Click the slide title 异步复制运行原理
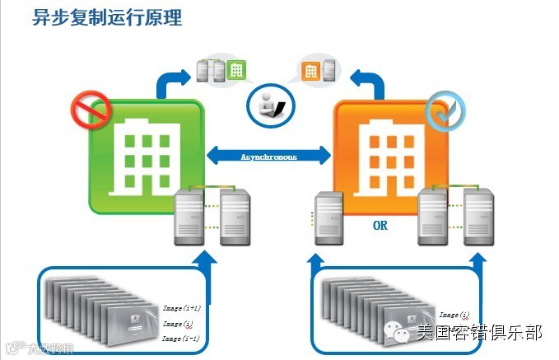click(106, 17)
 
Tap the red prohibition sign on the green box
click(91, 106)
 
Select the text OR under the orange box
click(380, 222)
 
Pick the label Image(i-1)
click(182, 338)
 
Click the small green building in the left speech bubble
click(236, 71)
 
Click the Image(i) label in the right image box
click(454, 315)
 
